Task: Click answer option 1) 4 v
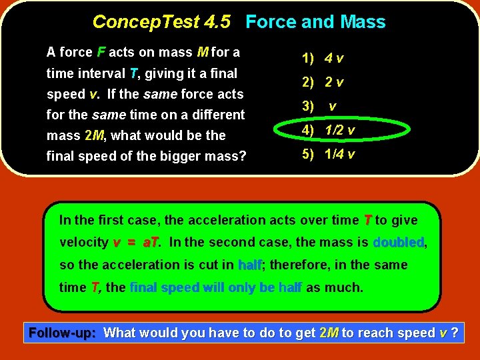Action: coord(323,58)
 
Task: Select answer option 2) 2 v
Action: coord(323,83)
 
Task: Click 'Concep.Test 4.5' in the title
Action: coord(161,22)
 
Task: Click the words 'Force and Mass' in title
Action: coord(315,22)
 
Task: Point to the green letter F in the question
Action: coord(101,52)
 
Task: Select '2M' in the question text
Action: coord(95,135)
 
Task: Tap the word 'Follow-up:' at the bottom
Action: coord(63,333)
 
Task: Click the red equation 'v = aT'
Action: coord(137,243)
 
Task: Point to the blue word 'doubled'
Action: coord(398,243)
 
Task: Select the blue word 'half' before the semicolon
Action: coord(250,265)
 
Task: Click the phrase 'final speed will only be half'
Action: coord(216,288)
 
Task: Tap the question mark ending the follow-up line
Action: coord(455,333)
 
